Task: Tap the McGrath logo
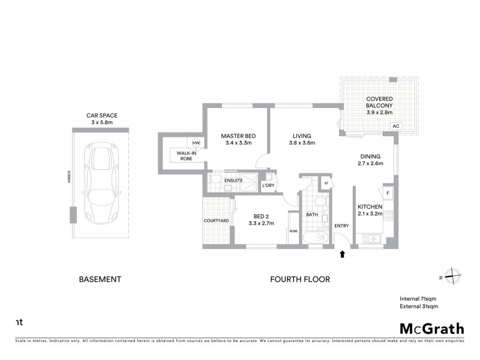coord(432,328)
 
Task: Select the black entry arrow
coord(342,254)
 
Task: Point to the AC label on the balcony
coord(395,127)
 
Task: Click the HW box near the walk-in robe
coord(196,143)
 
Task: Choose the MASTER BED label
coord(238,136)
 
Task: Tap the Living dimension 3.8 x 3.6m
coord(302,143)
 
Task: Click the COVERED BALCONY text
coord(379,102)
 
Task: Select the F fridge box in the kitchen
coord(388,193)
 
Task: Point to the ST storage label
coord(326,183)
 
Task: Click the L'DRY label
coord(268,186)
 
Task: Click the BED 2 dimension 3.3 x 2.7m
coord(261,223)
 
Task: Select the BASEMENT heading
coord(101,279)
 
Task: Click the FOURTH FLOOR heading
coord(300,279)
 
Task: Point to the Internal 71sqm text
coord(418,298)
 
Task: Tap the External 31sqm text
coord(419,306)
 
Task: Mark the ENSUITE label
coord(233,179)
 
